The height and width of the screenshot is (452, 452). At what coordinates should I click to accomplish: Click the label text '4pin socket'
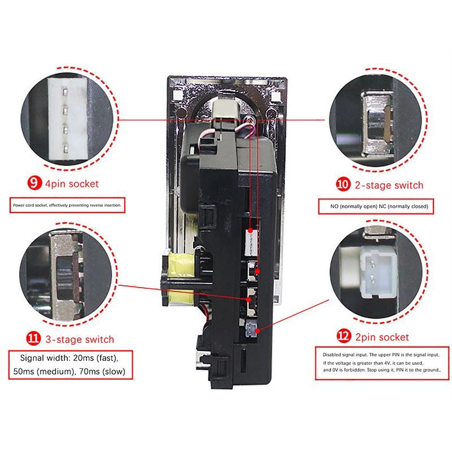[x=72, y=184]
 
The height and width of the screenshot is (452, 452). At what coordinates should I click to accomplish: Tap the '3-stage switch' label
[x=81, y=340]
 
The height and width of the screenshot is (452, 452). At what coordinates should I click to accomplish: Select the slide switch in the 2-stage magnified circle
[x=379, y=120]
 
